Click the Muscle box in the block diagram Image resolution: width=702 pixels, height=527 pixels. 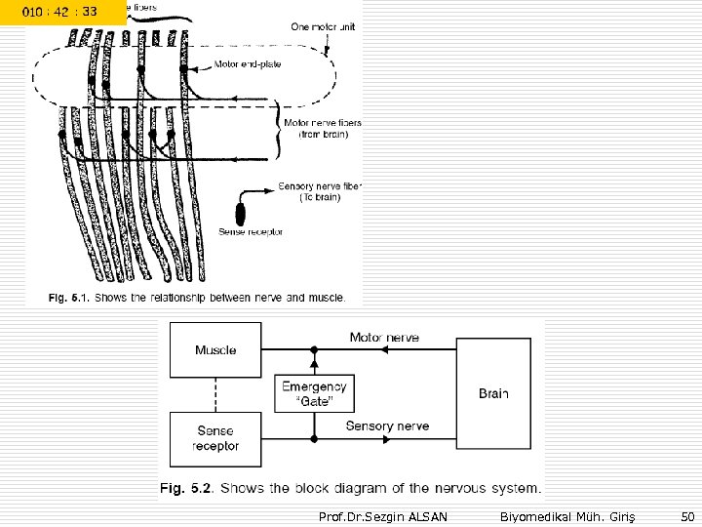click(x=214, y=349)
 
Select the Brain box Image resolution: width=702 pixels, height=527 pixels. click(x=493, y=394)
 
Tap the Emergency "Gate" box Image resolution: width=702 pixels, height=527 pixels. click(x=314, y=394)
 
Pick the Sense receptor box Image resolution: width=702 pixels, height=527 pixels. click(x=214, y=437)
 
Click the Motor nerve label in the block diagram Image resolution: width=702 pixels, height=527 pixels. click(x=384, y=338)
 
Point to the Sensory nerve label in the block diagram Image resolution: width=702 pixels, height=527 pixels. click(x=386, y=426)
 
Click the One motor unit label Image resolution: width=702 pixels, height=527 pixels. click(x=323, y=26)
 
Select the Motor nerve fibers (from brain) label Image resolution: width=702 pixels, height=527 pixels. click(x=321, y=128)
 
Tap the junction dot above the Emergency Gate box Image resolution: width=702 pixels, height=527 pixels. click(x=313, y=348)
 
